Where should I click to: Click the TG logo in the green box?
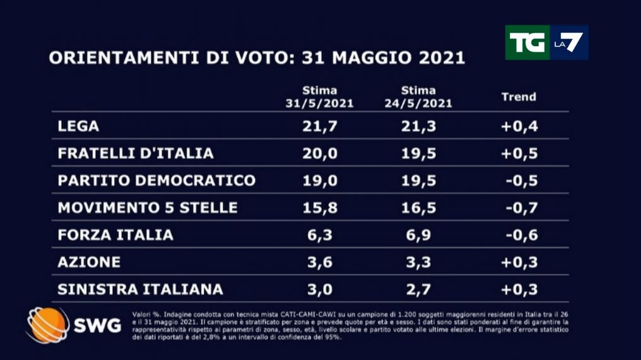[x=527, y=42]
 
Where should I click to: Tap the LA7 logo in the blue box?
[x=568, y=42]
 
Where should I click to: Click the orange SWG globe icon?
[x=47, y=325]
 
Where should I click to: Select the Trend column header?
[x=518, y=96]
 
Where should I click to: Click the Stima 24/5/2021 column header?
[x=418, y=97]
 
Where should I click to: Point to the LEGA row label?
[x=78, y=126]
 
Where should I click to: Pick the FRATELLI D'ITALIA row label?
[x=136, y=153]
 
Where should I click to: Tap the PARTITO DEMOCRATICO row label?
[x=156, y=180]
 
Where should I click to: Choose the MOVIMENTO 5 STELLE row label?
[x=148, y=207]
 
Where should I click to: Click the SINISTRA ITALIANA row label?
[x=140, y=289]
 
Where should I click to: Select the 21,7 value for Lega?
[x=319, y=126]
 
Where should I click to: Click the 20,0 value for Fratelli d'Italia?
[x=319, y=153]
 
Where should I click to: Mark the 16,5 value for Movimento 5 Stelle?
[x=418, y=207]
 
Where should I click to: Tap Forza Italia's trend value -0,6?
[x=520, y=235]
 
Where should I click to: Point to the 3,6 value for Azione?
[x=319, y=262]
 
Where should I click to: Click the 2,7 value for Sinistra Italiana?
[x=418, y=289]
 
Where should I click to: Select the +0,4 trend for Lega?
[x=519, y=126]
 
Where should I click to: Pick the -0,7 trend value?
[x=520, y=207]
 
